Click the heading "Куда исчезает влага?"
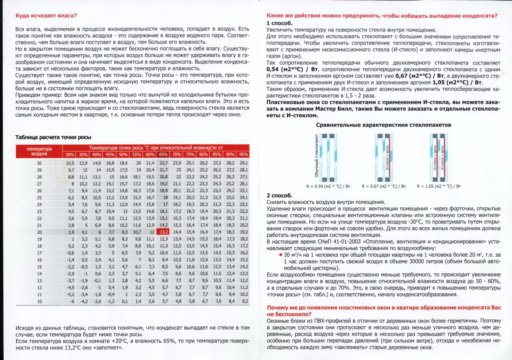(46, 15)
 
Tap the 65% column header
(163, 155)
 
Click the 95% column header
(243, 155)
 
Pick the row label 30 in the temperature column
(39, 163)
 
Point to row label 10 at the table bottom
(39, 301)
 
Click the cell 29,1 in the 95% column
(243, 163)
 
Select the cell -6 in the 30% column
(72, 301)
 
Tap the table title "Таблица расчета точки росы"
(53, 137)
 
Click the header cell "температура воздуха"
(39, 151)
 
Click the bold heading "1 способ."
(279, 23)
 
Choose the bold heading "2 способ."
(279, 195)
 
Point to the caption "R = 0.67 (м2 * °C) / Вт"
(383, 186)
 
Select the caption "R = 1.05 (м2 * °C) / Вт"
(439, 186)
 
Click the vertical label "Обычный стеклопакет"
(316, 156)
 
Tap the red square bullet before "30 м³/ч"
(281, 255)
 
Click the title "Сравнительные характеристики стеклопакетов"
(383, 125)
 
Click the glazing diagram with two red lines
(439, 158)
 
